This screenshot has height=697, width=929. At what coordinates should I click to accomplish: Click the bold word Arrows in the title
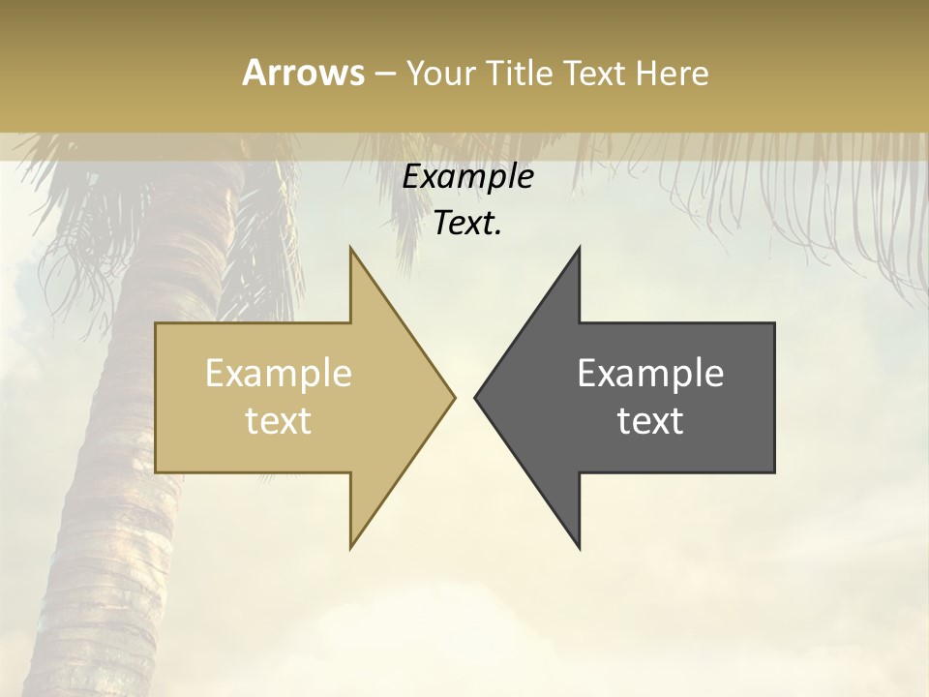click(303, 73)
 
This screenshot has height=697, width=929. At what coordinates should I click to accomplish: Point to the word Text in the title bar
click(594, 73)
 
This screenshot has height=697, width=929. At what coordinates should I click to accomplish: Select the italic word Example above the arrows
click(468, 177)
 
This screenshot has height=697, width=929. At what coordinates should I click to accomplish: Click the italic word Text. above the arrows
click(468, 224)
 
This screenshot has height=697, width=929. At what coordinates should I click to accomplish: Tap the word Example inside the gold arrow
click(279, 374)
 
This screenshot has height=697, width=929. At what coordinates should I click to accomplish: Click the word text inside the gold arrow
click(279, 421)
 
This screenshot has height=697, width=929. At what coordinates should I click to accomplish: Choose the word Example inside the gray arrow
click(650, 374)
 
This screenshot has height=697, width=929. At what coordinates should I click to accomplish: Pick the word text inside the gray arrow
click(650, 421)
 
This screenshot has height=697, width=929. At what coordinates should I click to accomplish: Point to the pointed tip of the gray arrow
click(476, 397)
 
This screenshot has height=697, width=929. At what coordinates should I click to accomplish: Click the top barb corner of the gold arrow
click(351, 249)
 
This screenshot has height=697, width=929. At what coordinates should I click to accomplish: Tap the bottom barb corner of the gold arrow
click(351, 547)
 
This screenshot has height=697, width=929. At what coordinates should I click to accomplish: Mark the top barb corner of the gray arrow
click(579, 249)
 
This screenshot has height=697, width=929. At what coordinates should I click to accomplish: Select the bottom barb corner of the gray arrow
click(579, 547)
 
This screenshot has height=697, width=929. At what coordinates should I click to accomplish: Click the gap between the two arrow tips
click(464, 397)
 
